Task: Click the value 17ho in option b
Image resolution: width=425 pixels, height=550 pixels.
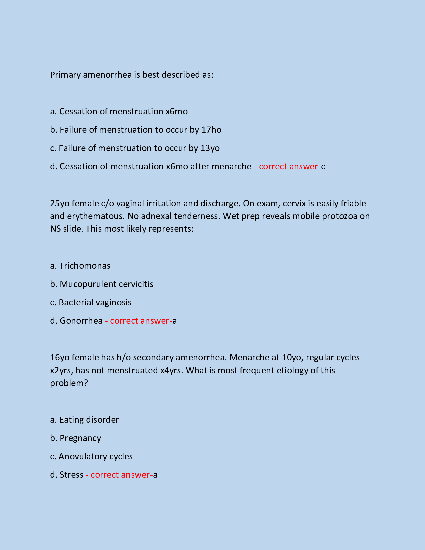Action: point(211,130)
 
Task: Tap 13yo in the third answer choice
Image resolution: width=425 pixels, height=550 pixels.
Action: point(210,148)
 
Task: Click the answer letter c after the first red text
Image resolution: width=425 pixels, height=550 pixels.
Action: point(323,166)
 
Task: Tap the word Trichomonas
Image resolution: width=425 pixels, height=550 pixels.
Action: point(85,266)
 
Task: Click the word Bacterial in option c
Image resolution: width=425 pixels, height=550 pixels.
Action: point(75,302)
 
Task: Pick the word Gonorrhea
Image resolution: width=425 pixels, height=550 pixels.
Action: point(81,321)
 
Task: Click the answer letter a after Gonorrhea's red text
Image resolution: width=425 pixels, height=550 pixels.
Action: point(175,321)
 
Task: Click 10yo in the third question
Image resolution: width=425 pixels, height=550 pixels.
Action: point(291,357)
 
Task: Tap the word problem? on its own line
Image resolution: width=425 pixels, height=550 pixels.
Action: point(69,383)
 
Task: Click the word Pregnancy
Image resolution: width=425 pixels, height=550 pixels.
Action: point(80,438)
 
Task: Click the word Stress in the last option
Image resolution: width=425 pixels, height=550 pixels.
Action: point(71,475)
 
